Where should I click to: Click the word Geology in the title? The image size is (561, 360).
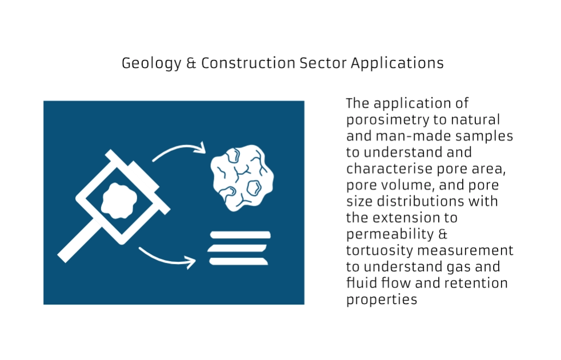[x=151, y=63]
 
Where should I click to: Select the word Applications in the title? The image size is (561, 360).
[x=397, y=63]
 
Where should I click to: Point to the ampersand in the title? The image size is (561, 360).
[x=191, y=63]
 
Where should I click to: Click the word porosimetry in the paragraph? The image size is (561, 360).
[x=387, y=120]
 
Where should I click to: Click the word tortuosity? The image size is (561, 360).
[x=379, y=250]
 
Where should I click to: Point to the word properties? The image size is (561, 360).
[x=382, y=300]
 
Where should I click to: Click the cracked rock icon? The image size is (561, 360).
[x=242, y=178]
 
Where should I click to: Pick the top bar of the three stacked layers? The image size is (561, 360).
[x=240, y=235]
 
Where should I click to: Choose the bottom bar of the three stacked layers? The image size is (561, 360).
[x=238, y=262]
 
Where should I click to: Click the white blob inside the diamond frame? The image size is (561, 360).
[x=119, y=201]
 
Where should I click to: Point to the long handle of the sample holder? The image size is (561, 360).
[x=79, y=242]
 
